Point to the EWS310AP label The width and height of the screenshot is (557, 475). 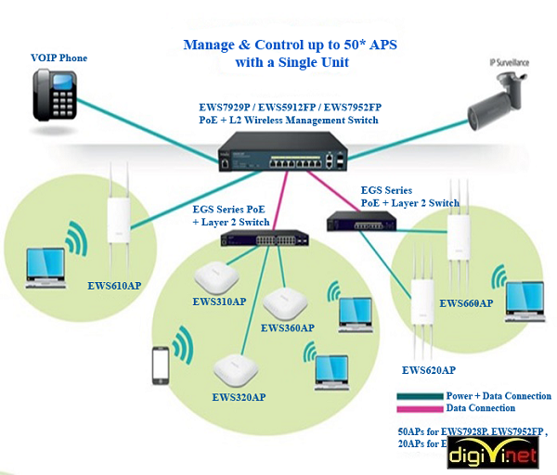tap(219, 302)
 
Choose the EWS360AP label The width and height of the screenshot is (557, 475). tap(288, 327)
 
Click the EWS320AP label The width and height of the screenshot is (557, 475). tap(239, 397)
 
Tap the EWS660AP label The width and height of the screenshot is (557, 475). tap(466, 303)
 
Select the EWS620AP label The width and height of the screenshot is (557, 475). tap(429, 369)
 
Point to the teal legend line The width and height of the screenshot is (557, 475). tap(420, 396)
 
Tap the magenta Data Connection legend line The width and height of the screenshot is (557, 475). tap(420, 408)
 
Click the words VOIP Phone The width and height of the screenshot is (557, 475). tap(58, 58)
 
